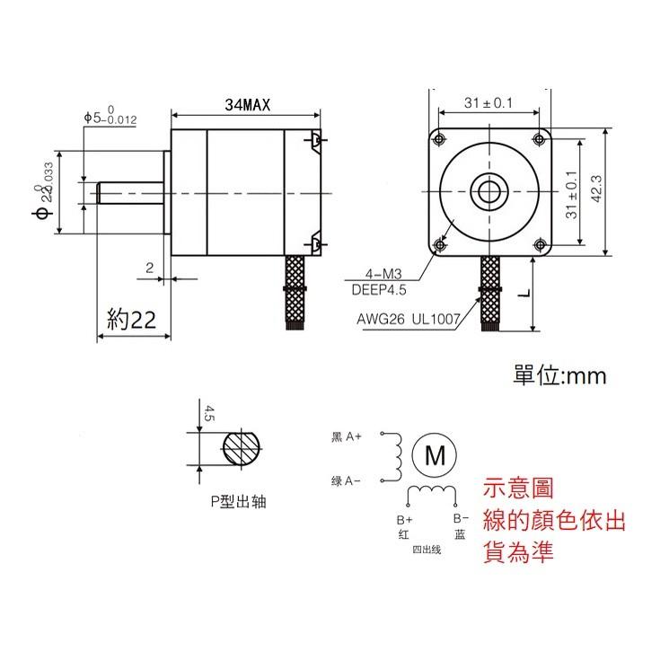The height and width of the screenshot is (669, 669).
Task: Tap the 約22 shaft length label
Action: click(132, 320)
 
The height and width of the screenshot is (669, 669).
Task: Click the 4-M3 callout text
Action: click(384, 273)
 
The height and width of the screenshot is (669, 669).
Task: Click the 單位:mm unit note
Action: click(559, 375)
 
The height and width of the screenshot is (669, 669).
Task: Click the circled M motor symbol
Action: click(435, 455)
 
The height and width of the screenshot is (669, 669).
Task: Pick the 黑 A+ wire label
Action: click(346, 436)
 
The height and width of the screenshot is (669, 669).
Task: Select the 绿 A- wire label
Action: click(346, 481)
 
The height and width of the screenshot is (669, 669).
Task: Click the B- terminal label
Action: click(459, 519)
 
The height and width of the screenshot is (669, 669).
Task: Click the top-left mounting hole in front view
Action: click(439, 138)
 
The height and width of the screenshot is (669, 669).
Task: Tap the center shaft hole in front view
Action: click(489, 190)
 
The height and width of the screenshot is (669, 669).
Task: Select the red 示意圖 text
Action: click(518, 488)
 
